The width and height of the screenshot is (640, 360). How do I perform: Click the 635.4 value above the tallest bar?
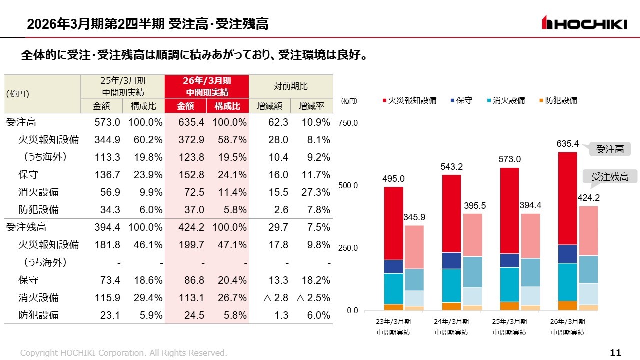pos(568,144)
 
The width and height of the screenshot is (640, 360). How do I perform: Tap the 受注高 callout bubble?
pos(610,149)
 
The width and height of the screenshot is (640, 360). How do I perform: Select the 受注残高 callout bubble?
pos(610,176)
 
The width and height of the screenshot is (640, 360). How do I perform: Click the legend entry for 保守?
pos(461,100)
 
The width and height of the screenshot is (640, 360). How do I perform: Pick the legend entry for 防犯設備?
pos(558,100)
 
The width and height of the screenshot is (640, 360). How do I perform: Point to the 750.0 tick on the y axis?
pos(348,123)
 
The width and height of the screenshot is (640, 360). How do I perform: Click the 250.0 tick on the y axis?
pos(348,248)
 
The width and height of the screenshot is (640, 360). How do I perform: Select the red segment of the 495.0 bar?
pos(394,223)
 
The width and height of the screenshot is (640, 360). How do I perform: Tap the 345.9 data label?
pos(414,217)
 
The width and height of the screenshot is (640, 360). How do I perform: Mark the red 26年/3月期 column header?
pos(207,86)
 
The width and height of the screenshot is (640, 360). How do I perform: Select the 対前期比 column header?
pos(290,86)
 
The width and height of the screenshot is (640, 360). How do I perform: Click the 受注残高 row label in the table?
pos(26,227)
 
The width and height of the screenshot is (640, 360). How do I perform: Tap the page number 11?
pos(616,353)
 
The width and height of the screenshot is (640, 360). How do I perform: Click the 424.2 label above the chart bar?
pos(588,198)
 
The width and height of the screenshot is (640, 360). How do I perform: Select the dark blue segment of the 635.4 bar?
pos(568,254)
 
